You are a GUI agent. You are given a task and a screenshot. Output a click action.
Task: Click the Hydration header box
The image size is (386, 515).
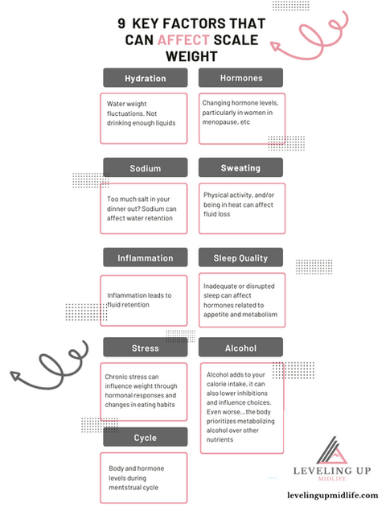tap(146, 78)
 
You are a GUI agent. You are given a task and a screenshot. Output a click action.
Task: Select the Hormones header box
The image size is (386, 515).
tap(240, 77)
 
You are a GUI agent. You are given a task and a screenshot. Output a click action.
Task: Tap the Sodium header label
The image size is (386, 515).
tap(146, 167)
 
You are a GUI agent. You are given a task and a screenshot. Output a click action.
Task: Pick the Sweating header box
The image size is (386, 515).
tap(240, 167)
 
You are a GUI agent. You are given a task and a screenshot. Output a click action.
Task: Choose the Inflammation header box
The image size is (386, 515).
tap(146, 257)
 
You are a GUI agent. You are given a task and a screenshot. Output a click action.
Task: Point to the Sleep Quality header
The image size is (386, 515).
tap(240, 257)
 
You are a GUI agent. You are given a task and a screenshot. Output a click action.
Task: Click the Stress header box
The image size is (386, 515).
tap(146, 347)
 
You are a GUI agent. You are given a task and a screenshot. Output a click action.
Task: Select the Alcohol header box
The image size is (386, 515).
tap(240, 347)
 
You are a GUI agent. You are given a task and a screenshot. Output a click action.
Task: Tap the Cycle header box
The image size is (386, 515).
tap(146, 437)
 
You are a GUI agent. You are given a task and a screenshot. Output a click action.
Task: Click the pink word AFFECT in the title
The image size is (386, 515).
tap(183, 40)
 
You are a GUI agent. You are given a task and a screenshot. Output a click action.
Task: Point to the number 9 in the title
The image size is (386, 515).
tap(121, 23)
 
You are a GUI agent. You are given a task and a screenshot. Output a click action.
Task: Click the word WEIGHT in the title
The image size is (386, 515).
tap(191, 56)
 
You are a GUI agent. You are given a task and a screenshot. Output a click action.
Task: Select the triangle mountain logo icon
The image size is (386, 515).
tap(332, 450)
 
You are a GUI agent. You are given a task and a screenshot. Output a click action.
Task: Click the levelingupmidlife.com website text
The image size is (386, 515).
tap(332, 495)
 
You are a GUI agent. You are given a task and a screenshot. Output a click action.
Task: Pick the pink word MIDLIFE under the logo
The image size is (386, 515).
tap(332, 479)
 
